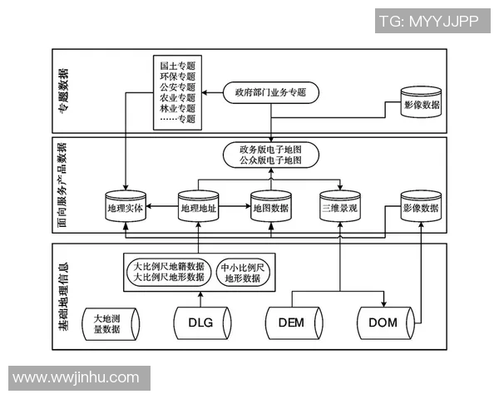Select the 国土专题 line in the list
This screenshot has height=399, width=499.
tap(177, 64)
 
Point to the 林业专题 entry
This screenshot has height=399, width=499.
tap(177, 108)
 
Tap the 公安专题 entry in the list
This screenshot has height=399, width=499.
tap(177, 86)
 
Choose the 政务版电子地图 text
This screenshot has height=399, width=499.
tap(270, 149)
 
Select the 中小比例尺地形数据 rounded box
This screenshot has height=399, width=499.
tap(243, 273)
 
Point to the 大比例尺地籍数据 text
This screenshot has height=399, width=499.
tap(169, 267)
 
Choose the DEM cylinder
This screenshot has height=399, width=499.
tap(291, 323)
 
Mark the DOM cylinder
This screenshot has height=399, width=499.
tap(383, 323)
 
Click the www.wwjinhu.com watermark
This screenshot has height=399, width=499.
tap(76, 377)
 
